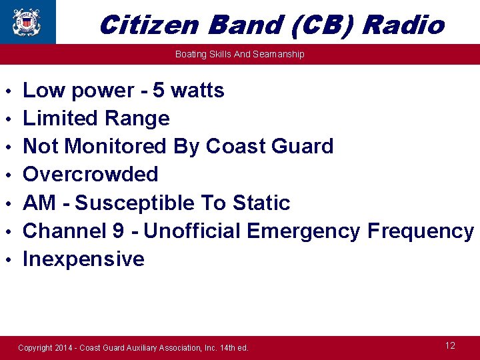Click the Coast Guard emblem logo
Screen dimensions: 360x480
(x=27, y=21)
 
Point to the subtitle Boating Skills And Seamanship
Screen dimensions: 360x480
(x=239, y=54)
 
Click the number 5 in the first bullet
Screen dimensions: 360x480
(x=159, y=90)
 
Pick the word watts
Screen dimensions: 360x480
(x=198, y=90)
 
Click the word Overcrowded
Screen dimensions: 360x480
(x=90, y=175)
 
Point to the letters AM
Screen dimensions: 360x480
(x=39, y=203)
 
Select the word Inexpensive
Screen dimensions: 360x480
(x=83, y=259)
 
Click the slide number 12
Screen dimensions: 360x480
(x=450, y=345)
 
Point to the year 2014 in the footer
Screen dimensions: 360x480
(x=65, y=348)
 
